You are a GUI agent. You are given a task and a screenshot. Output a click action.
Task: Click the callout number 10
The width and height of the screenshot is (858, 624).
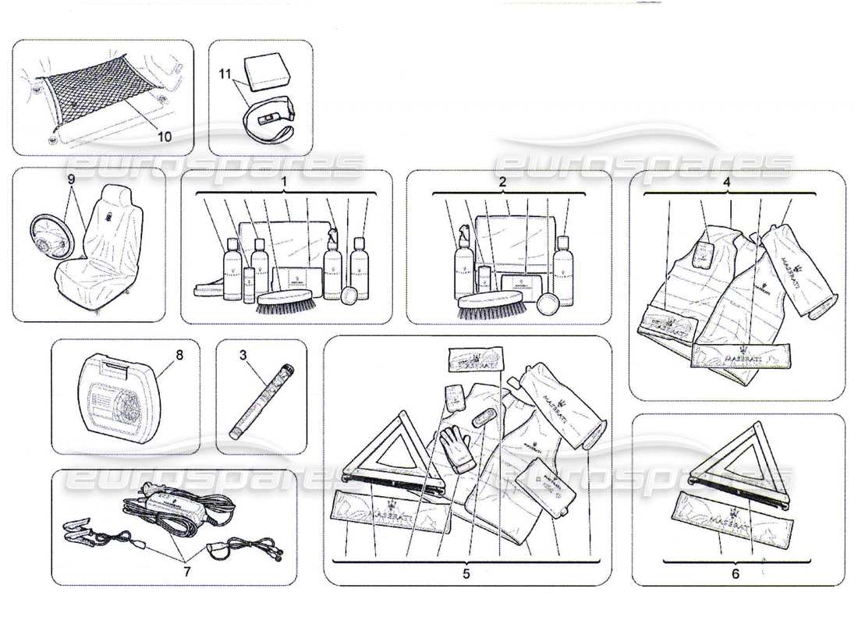[x=164, y=135]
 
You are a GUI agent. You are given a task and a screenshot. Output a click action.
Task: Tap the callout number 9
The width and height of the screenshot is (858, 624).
[x=72, y=179]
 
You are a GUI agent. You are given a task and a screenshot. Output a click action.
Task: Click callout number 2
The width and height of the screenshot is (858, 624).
[x=503, y=181]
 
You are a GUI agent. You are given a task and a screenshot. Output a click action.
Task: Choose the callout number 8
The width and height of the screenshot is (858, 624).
[x=179, y=354]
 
